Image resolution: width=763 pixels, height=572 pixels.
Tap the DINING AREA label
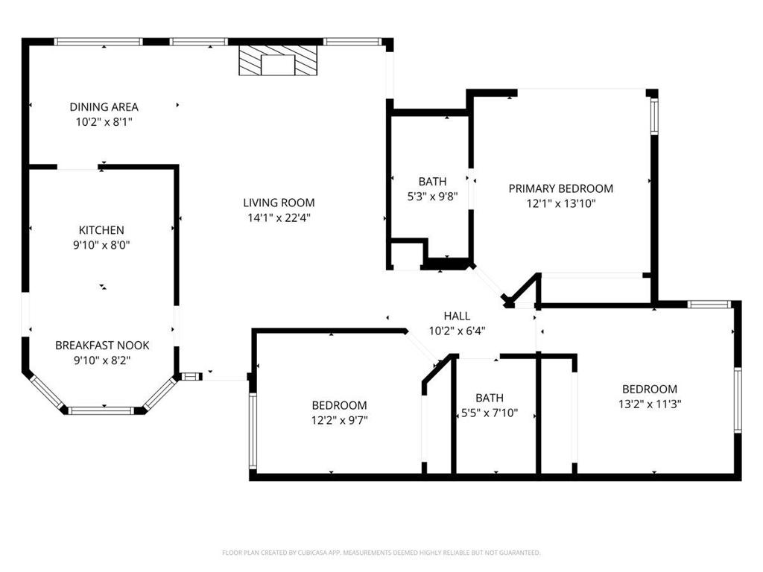click(104, 107)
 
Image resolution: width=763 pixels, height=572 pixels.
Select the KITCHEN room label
click(102, 230)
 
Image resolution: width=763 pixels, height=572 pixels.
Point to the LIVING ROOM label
click(279, 203)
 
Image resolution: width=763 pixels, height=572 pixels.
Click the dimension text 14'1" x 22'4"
click(279, 217)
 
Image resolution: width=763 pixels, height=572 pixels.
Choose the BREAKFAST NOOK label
click(102, 346)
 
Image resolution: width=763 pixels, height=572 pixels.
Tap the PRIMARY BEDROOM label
click(560, 188)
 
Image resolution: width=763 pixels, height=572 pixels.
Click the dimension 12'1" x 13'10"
click(560, 203)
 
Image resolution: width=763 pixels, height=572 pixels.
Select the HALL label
click(457, 316)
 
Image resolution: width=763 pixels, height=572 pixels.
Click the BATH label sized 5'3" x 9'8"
click(432, 181)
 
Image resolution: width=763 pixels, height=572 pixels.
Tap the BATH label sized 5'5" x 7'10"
click(490, 398)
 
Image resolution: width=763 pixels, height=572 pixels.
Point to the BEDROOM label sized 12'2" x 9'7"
click(339, 405)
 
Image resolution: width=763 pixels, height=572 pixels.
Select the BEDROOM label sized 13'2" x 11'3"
click(650, 389)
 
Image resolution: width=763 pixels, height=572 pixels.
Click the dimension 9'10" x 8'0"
click(102, 244)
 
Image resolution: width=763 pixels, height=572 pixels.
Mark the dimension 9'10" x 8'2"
click(102, 360)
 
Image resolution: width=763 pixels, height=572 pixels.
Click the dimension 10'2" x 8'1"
click(104, 121)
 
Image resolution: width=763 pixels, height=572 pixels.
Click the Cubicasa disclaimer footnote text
click(381, 553)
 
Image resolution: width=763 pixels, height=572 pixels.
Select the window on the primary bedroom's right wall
click(653, 116)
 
